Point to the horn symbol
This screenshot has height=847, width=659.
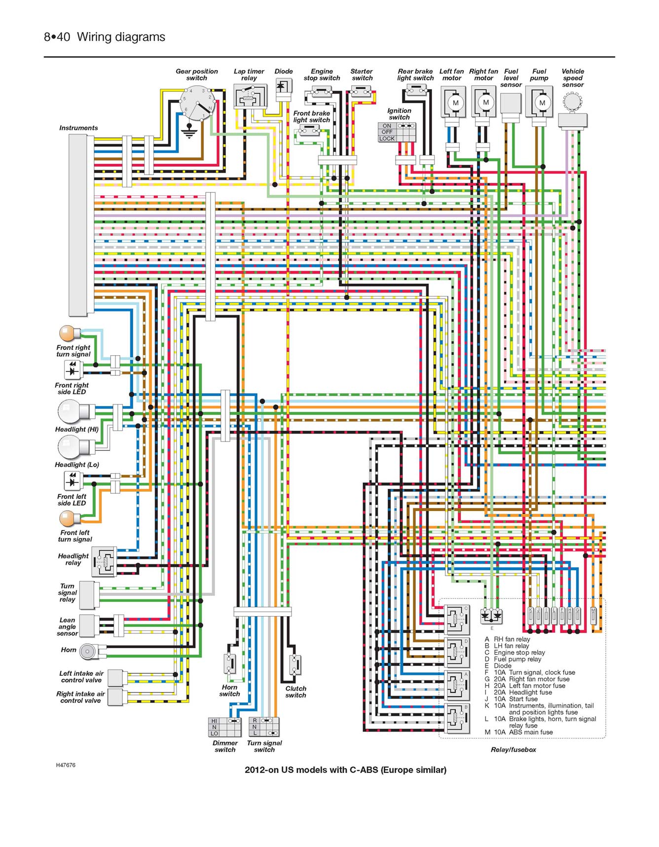tap(87, 652)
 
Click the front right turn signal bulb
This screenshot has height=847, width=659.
tap(70, 333)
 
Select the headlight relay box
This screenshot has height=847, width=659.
tap(104, 561)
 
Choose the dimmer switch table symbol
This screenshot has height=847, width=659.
tap(224, 727)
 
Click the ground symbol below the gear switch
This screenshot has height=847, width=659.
tap(188, 131)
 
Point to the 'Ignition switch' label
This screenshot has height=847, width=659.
tap(399, 114)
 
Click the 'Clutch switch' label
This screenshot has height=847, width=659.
tap(296, 692)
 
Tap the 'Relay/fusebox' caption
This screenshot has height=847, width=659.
tap(513, 749)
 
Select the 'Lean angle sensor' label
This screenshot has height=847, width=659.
tap(67, 626)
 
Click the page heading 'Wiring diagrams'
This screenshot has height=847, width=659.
tap(121, 37)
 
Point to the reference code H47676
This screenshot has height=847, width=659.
tap(66, 765)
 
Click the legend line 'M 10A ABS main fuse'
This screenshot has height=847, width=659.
tap(518, 732)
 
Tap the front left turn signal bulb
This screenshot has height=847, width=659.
tap(70, 519)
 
